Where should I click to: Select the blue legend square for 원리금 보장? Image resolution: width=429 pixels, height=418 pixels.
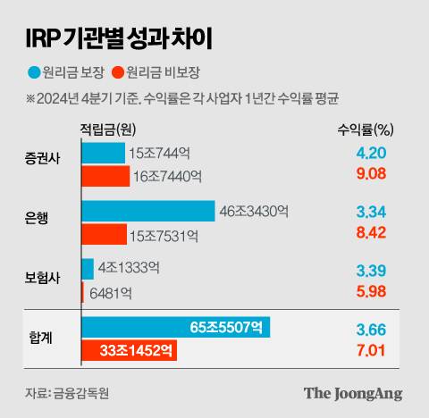tap(34, 71)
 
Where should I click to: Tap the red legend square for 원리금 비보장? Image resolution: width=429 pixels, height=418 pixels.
tap(119, 71)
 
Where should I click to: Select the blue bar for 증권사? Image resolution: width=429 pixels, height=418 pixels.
tap(103, 153)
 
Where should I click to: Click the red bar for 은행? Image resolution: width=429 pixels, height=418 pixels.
tap(104, 236)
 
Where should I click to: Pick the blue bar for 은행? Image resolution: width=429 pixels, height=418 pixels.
tap(147, 211)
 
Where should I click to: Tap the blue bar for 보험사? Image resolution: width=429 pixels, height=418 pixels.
tap(88, 268)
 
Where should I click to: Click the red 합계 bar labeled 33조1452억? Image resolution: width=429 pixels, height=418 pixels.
tap(129, 351)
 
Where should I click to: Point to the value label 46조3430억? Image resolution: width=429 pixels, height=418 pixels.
tap(255, 212)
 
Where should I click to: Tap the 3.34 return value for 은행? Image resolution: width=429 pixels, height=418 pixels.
tap(371, 211)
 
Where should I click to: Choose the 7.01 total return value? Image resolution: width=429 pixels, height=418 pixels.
tap(371, 351)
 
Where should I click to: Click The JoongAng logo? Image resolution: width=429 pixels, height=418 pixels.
tap(352, 392)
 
